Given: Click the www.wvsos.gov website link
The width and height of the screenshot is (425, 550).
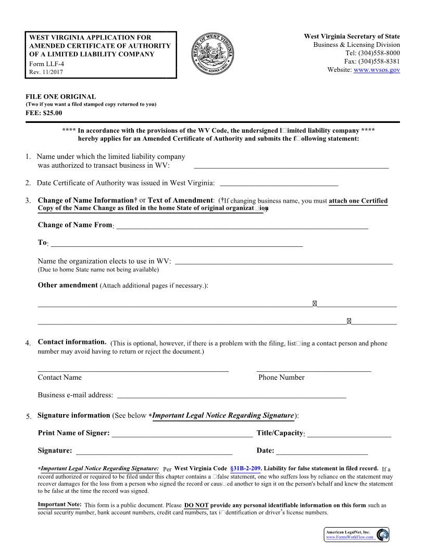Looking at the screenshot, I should click(x=377, y=70).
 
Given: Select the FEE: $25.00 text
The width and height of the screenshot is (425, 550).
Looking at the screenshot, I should click(x=44, y=113).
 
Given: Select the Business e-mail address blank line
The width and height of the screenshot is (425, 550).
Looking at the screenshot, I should click(x=231, y=395).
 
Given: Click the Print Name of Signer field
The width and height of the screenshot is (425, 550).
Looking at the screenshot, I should click(x=182, y=434).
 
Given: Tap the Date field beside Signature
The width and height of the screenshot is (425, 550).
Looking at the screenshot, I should click(x=321, y=451).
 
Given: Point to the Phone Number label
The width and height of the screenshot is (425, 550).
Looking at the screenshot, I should click(x=281, y=378).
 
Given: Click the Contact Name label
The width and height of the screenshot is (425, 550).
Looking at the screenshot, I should click(x=59, y=378).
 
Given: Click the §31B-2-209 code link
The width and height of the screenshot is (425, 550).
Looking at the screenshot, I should click(x=245, y=469).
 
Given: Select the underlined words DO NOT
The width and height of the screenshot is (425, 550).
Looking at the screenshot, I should click(x=196, y=505).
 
